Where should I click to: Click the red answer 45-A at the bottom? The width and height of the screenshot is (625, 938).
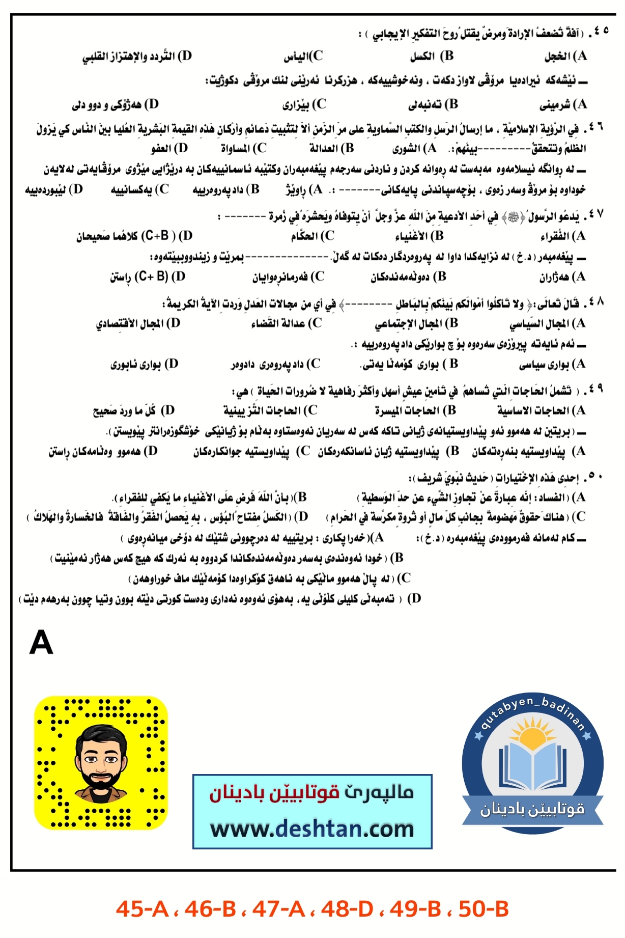[142, 908]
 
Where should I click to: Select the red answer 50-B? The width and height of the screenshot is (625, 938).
[484, 908]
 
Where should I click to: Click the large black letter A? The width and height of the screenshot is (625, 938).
[41, 642]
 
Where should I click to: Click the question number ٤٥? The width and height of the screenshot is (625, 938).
[600, 32]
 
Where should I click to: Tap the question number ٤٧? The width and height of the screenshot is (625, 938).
[596, 215]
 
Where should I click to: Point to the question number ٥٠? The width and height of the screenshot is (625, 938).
[595, 477]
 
